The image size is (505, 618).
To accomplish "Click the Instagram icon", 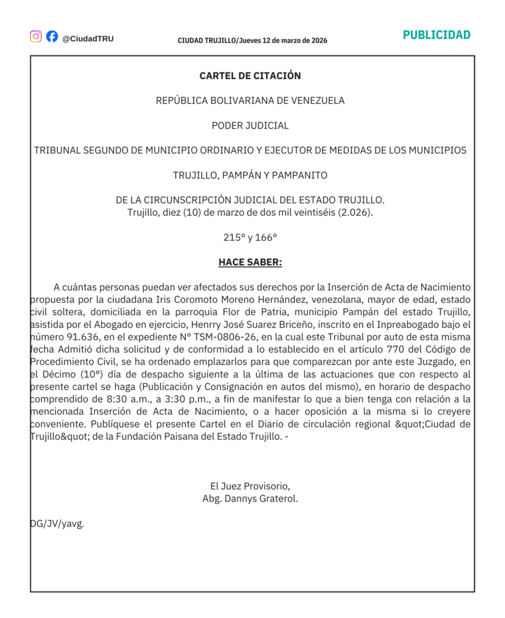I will click(x=36, y=36).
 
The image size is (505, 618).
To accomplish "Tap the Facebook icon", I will click(x=52, y=36).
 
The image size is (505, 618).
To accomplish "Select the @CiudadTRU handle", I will click(x=87, y=39).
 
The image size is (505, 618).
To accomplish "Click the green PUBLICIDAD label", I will click(x=436, y=35).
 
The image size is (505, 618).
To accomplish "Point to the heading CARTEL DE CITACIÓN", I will click(x=250, y=76).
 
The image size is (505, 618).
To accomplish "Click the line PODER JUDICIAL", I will click(x=250, y=126).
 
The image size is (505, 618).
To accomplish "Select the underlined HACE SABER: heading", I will click(x=250, y=263).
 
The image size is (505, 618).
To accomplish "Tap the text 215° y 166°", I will click(x=250, y=238).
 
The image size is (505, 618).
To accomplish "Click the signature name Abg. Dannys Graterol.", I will click(x=250, y=499).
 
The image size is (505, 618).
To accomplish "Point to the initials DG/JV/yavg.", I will click(x=57, y=524).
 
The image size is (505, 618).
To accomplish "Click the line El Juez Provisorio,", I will click(x=250, y=486).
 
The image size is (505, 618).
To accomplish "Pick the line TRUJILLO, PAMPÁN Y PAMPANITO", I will click(x=250, y=176).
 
